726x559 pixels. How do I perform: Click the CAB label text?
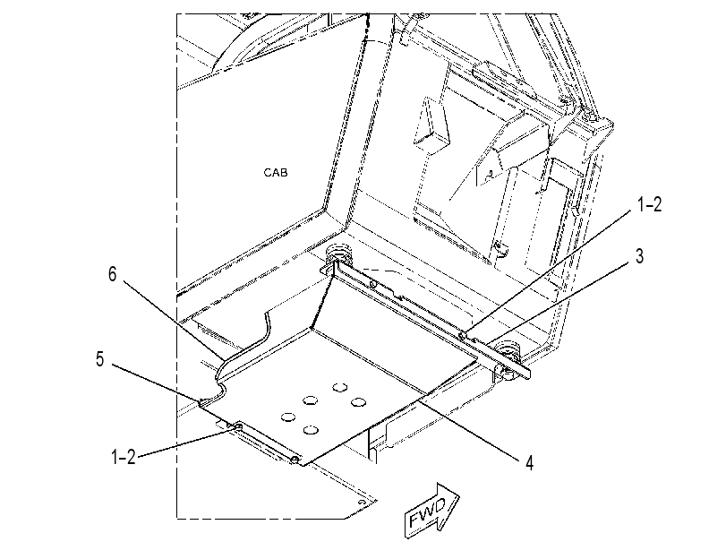coord(276,172)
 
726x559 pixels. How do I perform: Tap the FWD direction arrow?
coord(432,511)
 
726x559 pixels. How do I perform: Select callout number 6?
coord(113,274)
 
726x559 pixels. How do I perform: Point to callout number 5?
coord(100,358)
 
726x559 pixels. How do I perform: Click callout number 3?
coord(639,256)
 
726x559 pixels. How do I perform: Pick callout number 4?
coord(529,462)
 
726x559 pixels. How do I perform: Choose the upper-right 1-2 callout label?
coord(649,204)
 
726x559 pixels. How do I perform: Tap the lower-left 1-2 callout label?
coord(124,457)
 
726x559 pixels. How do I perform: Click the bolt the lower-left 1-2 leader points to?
coord(238,426)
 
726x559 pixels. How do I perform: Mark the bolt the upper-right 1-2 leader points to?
coord(462,335)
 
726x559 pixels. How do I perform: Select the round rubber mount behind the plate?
coord(338,255)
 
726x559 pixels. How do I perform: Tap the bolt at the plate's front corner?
coord(295,459)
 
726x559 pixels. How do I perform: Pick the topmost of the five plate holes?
coord(339,387)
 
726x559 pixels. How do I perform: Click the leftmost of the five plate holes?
coord(288,417)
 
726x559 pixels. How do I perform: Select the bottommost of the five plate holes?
coord(312,430)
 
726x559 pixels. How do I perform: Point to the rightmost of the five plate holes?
coord(358,402)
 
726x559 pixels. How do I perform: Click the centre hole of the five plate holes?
coord(311,400)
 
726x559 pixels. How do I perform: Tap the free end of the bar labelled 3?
coord(527,374)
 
